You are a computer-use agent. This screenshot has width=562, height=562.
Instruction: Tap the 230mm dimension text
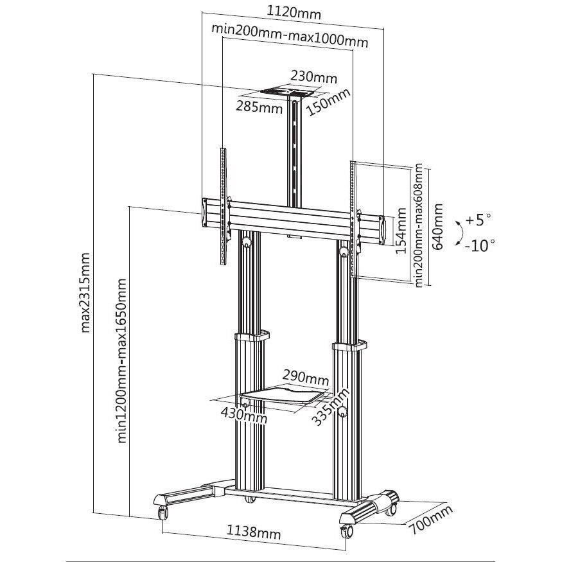[x=314, y=76]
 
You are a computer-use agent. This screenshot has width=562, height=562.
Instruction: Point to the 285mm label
[x=259, y=107]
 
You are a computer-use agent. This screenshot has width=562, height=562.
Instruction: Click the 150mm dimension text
[x=328, y=100]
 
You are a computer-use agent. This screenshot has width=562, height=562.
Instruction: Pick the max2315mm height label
[x=85, y=293]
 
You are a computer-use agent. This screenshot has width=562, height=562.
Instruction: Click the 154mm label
[x=401, y=231]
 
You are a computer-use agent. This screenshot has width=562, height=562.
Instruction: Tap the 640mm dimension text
[x=439, y=227]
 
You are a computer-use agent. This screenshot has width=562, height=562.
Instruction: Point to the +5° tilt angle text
[x=479, y=220]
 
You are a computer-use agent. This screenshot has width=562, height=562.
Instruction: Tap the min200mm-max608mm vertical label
[x=419, y=225]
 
